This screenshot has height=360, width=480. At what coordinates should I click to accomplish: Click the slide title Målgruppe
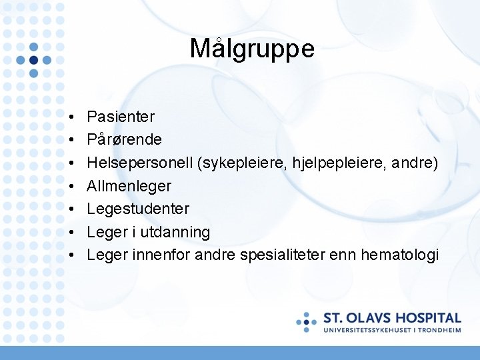coord(251,49)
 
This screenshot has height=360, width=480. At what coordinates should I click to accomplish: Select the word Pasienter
coord(121,117)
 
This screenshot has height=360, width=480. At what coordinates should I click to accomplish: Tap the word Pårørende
coord(124,140)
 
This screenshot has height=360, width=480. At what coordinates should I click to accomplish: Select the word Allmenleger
coord(129,186)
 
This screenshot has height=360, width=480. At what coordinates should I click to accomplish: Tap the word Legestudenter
coord(138,209)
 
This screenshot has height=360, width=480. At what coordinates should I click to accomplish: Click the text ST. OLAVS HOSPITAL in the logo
coord(392,318)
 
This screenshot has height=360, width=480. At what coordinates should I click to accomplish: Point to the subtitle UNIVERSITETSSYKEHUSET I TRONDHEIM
coord(392,330)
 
